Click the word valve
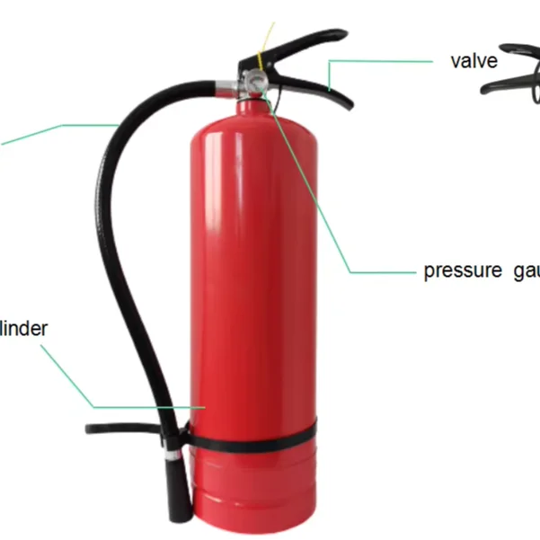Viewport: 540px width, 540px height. (x=474, y=61)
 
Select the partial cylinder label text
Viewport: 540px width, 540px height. (x=23, y=328)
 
